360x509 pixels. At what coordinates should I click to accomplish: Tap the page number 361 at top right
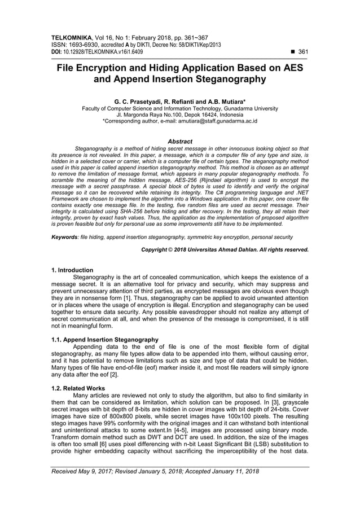point(302,51)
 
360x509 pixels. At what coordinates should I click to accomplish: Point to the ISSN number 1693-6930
point(84,43)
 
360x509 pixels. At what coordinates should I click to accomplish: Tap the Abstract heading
point(180,141)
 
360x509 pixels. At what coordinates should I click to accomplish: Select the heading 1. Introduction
point(72,270)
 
